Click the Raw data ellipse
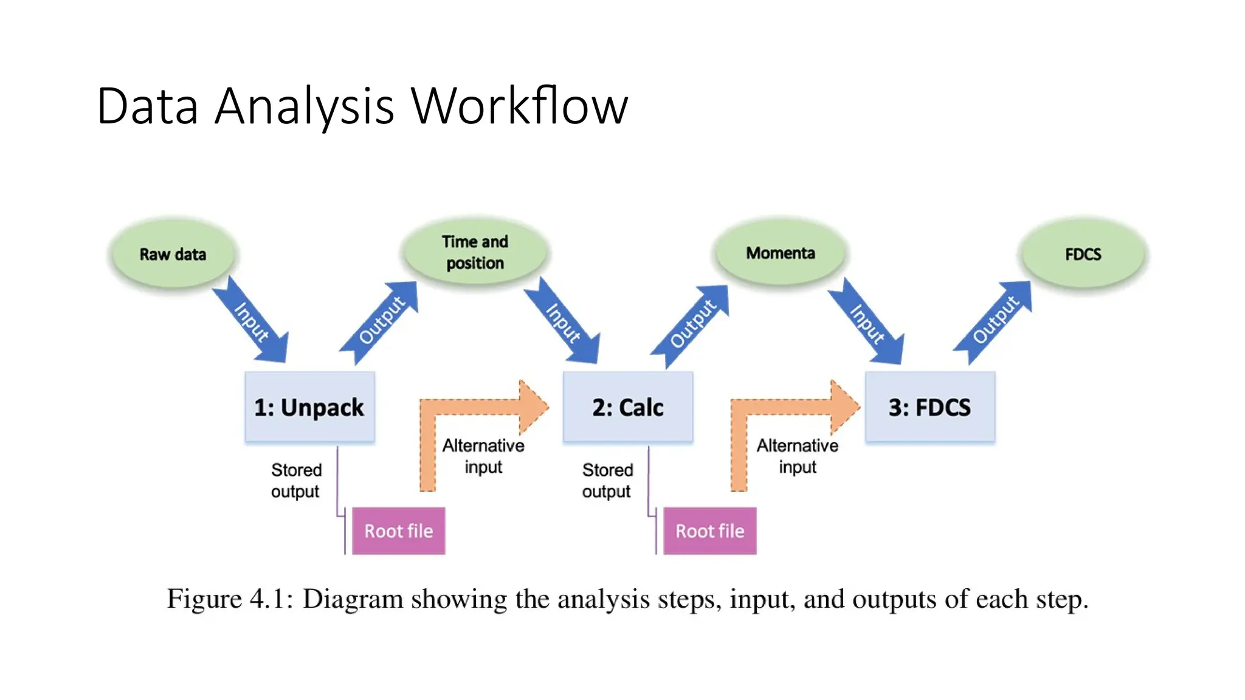point(173,254)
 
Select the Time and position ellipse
point(475,252)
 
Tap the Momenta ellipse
point(780,253)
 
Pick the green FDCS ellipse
point(1083,254)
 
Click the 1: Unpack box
point(309,407)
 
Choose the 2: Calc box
point(627,407)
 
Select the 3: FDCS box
point(929,407)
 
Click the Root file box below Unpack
point(398,531)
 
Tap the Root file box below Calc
point(709,531)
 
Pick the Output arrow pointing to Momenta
point(692,324)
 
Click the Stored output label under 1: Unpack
point(296,481)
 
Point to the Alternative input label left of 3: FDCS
point(797,456)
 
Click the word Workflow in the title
point(519,106)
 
